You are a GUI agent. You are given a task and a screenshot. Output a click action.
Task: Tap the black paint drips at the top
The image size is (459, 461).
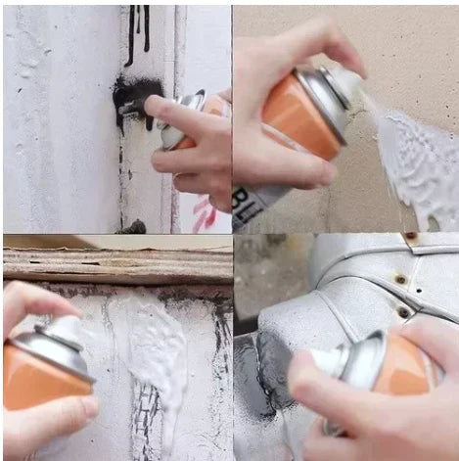point(137,29)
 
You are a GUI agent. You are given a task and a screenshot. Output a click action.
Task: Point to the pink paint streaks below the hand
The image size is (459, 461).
point(204,213)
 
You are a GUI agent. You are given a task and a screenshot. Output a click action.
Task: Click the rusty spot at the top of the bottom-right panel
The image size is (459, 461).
point(411,238)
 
